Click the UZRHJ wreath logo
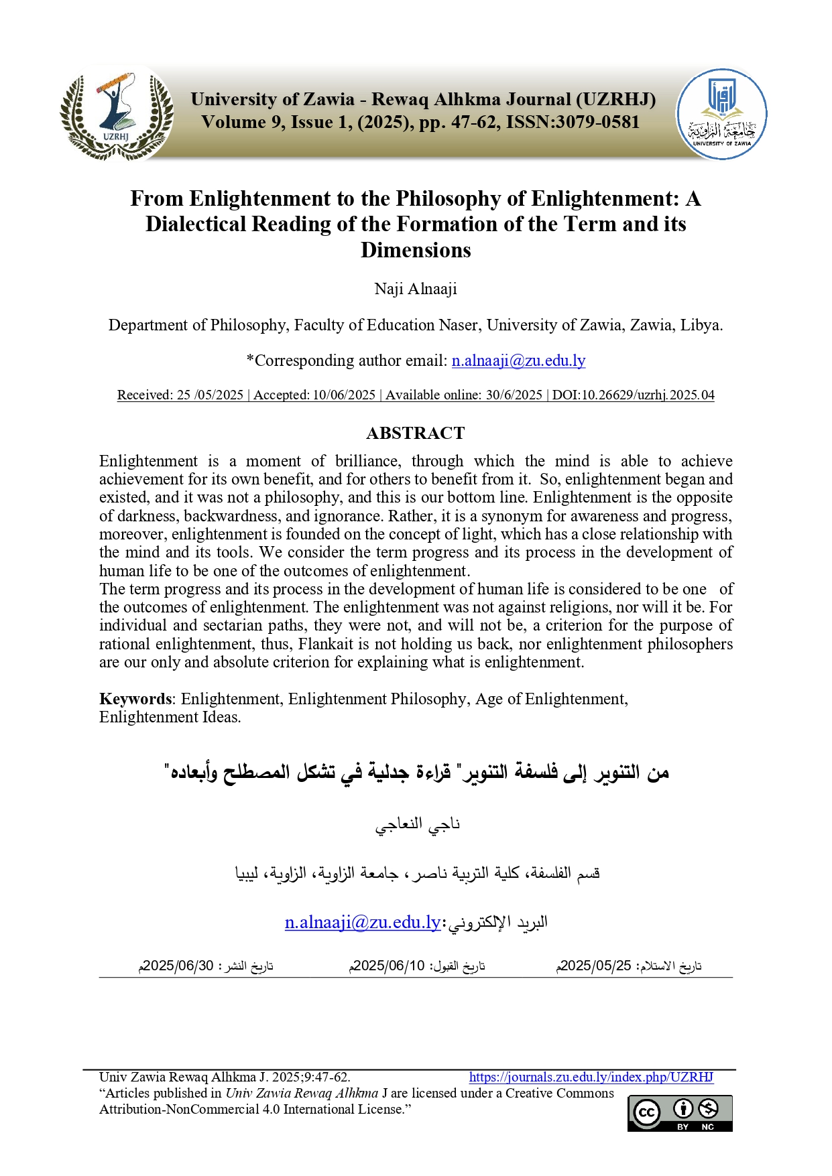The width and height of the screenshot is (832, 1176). tap(117, 115)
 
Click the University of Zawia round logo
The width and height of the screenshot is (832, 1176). tap(721, 114)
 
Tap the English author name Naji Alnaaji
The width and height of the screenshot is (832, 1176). tap(416, 289)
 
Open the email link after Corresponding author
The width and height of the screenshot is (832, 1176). tap(518, 361)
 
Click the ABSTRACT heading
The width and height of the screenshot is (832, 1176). tap(416, 433)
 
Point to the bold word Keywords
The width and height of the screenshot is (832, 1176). tap(135, 699)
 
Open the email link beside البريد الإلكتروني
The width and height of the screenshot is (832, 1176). tap(363, 923)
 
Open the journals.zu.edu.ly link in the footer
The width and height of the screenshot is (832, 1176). tap(591, 1077)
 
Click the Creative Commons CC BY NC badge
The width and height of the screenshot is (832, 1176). tap(680, 1113)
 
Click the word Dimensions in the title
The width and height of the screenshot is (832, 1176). tap(416, 250)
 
